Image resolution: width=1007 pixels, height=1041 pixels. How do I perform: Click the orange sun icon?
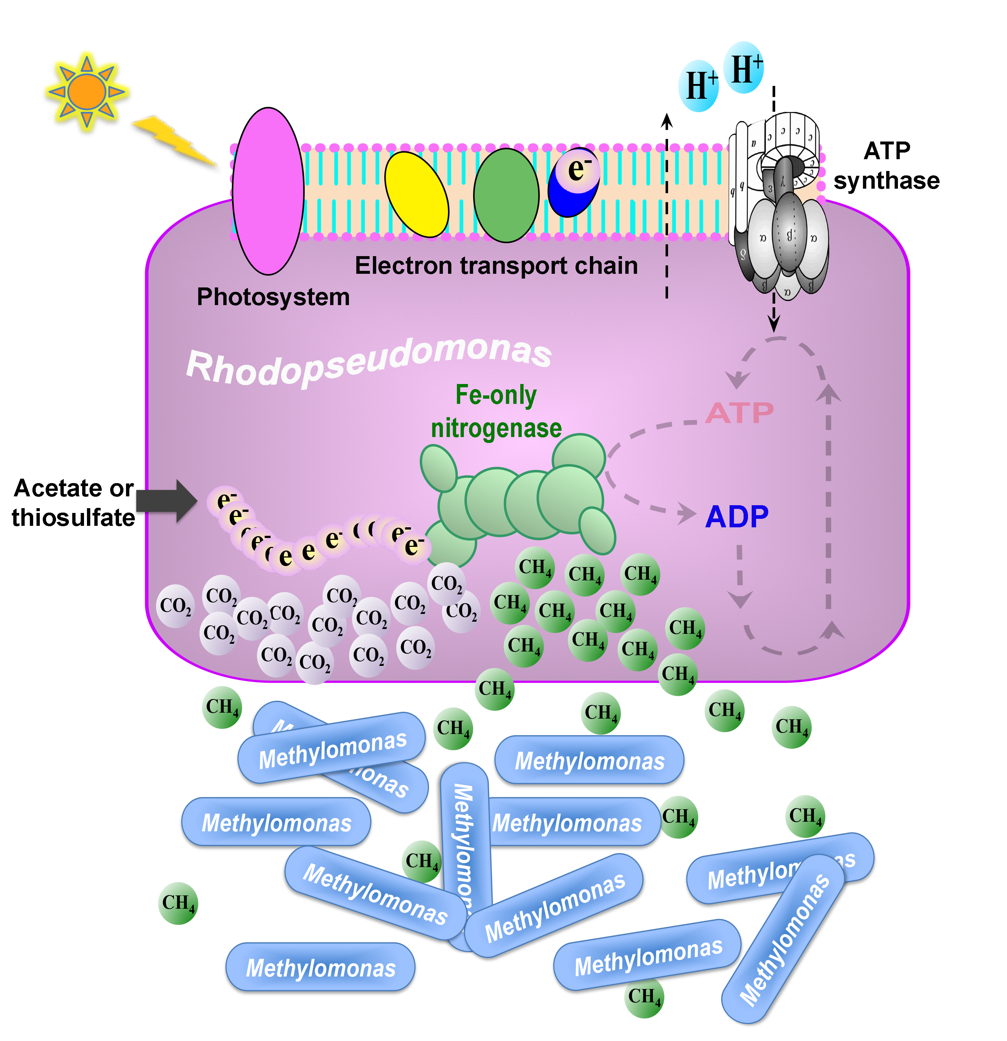[87, 92]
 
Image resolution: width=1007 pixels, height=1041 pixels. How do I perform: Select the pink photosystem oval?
[268, 191]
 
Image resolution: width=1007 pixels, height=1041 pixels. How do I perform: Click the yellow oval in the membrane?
[416, 195]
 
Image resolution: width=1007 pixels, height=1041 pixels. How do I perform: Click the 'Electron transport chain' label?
[496, 266]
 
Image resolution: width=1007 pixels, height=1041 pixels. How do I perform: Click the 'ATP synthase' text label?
[887, 166]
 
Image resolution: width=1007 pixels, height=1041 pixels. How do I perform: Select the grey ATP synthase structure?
[781, 213]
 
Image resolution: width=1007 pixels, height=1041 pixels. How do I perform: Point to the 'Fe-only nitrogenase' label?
[496, 412]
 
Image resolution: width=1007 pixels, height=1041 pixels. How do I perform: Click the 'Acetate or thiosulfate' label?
[73, 502]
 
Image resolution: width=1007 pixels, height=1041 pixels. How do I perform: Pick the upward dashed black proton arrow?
[667, 207]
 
